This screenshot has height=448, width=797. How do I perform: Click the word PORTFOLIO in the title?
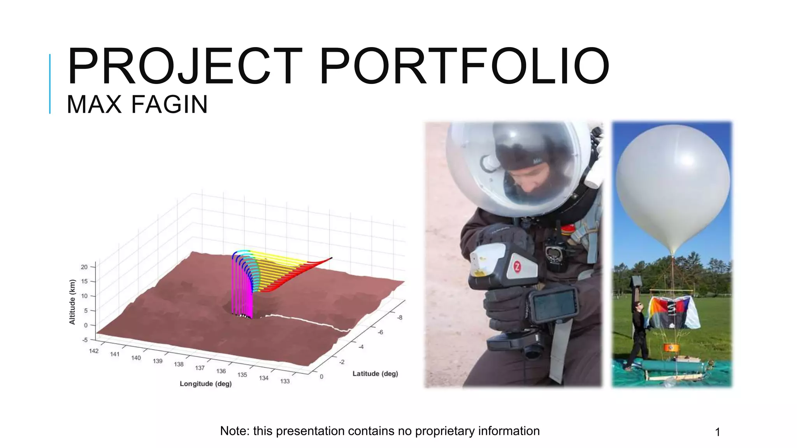click(464, 66)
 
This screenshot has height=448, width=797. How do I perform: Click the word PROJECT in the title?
click(184, 66)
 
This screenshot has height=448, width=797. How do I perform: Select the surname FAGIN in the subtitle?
click(169, 105)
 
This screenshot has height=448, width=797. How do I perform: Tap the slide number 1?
click(718, 432)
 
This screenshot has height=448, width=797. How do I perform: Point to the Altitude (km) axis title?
click(72, 302)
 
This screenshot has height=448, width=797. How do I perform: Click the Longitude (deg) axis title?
click(205, 384)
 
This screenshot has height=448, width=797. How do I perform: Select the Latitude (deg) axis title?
click(375, 374)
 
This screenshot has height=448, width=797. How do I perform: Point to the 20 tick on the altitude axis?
click(84, 267)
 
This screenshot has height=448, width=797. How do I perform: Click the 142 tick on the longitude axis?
click(94, 351)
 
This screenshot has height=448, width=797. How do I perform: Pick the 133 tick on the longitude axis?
click(285, 381)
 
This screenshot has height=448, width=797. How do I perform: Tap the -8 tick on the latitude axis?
click(400, 318)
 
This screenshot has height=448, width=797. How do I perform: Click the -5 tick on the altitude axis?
click(85, 340)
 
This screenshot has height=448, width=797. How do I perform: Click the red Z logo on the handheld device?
click(517, 267)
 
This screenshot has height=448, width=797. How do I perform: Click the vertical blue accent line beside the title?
click(50, 84)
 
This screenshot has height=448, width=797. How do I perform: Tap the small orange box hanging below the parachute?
click(671, 347)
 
